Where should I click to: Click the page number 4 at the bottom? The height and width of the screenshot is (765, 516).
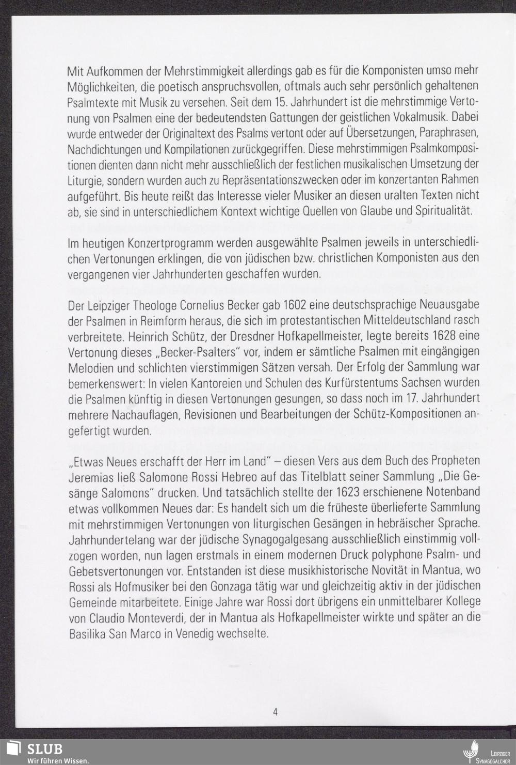275,712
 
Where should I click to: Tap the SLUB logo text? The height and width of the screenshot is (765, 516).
45,748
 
